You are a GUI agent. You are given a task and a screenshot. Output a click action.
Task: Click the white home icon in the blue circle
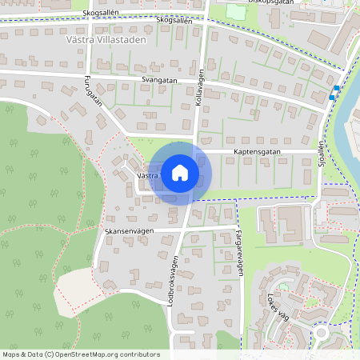click(x=180, y=172)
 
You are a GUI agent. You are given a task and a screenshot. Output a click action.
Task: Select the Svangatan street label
click(x=158, y=81)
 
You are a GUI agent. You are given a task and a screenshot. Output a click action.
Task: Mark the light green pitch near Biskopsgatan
click(x=236, y=12)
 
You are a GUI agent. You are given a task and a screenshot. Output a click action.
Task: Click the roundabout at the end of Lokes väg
click(x=322, y=333)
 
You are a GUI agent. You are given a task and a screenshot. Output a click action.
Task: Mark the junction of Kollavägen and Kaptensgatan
click(x=198, y=150)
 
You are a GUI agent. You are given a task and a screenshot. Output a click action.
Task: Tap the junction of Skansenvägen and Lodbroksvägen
click(x=180, y=228)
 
